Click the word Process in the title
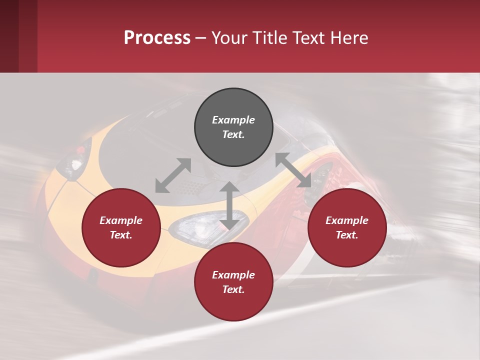[x=157, y=38]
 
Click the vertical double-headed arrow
[x=229, y=206]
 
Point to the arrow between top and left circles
[x=173, y=175]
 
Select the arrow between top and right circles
[x=293, y=170]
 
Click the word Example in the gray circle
[x=233, y=120]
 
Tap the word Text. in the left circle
[x=121, y=235]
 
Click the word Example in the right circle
[x=347, y=220]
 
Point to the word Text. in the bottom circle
[x=233, y=289]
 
